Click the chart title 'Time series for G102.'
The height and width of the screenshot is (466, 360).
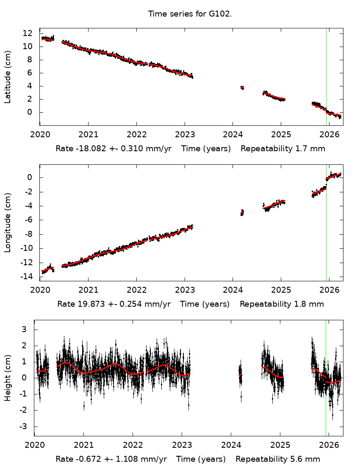click(x=190, y=14)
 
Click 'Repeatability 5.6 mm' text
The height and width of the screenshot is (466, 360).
click(x=278, y=459)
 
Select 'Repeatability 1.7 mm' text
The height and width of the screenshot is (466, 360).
click(x=283, y=149)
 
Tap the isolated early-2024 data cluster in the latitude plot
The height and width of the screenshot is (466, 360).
click(x=242, y=88)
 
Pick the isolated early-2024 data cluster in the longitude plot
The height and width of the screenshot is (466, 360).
click(x=242, y=212)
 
